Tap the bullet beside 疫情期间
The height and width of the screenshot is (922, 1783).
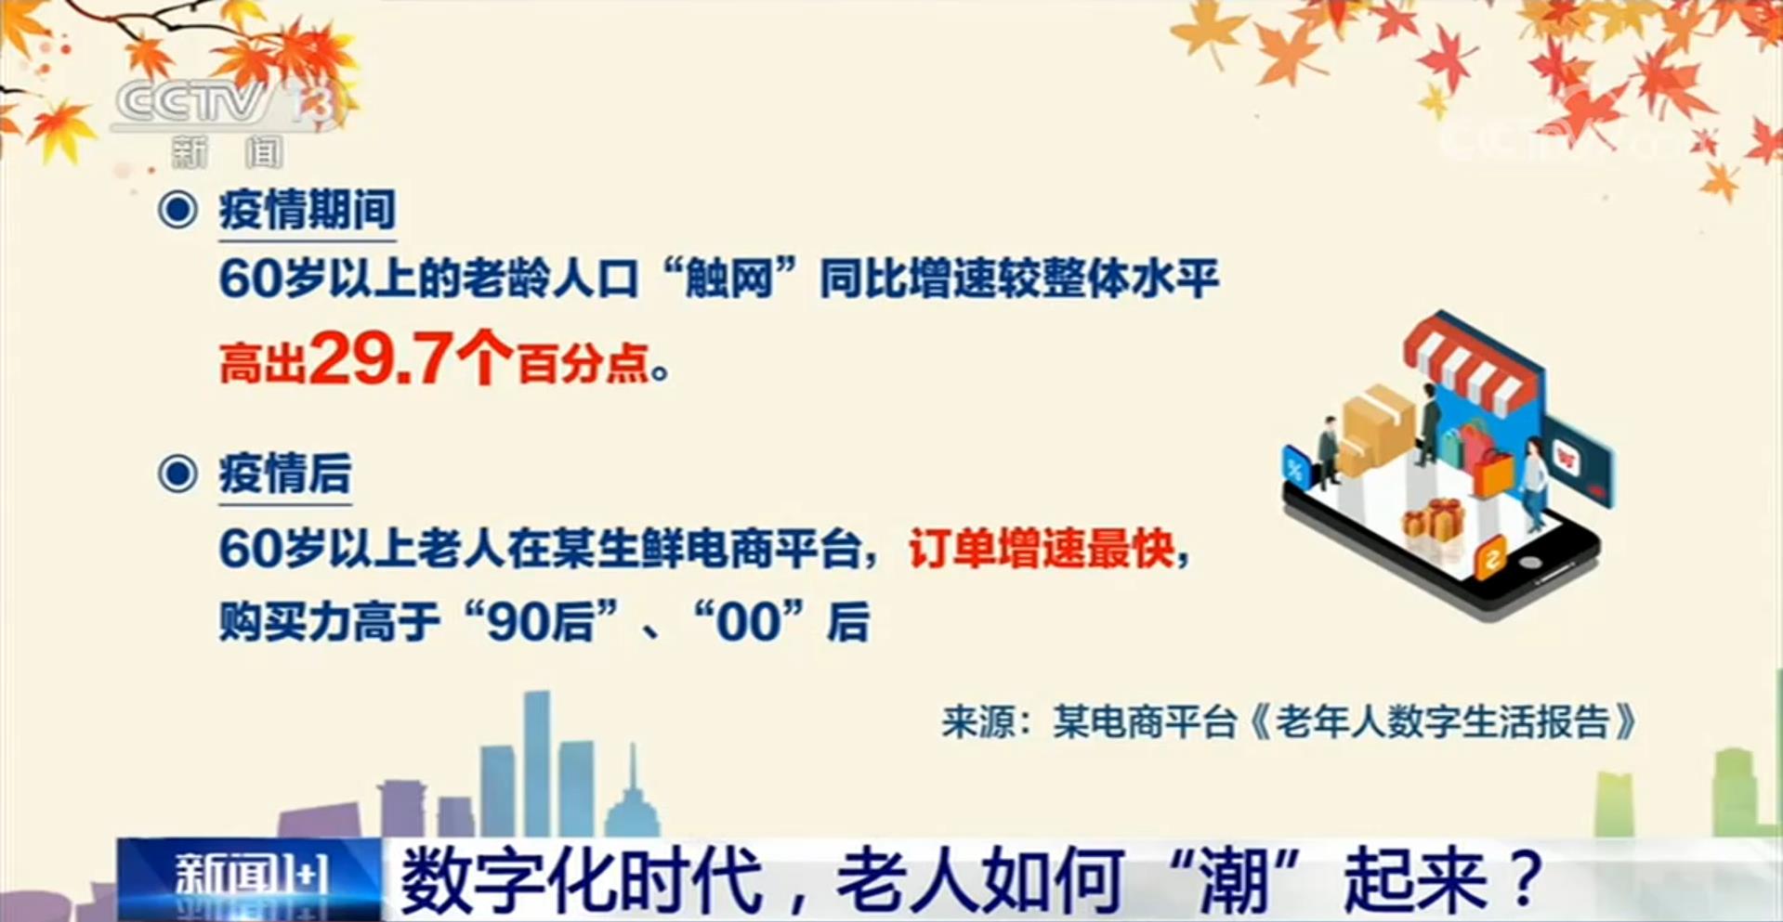tap(177, 210)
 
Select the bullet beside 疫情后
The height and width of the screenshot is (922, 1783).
tap(177, 474)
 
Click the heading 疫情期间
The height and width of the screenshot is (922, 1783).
tap(308, 210)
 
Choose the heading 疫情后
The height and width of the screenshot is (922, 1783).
tap(285, 474)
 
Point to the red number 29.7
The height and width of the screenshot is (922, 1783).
tap(381, 358)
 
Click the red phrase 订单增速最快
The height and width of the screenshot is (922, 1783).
tap(1041, 550)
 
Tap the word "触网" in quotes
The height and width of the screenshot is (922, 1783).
tap(729, 279)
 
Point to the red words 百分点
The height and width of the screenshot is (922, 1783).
tap(583, 363)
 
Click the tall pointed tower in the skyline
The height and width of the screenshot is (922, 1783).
tap(632, 794)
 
